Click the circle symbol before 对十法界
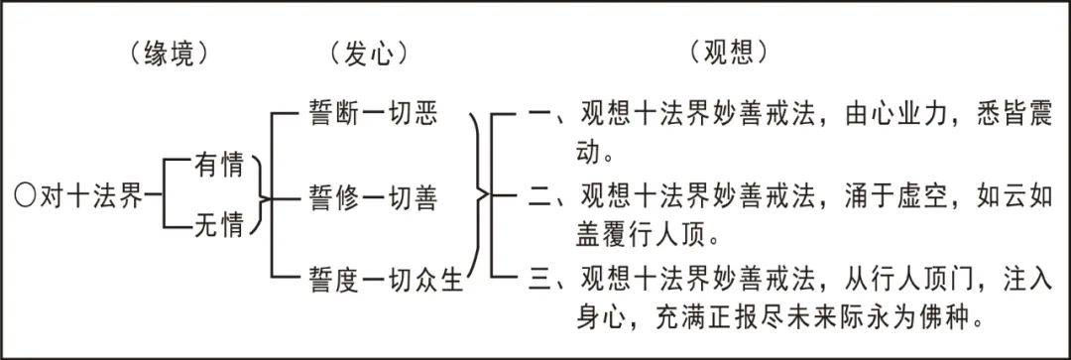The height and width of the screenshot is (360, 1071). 27,195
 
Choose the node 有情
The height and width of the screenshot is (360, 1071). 218,165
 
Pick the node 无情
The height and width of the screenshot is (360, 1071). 218,228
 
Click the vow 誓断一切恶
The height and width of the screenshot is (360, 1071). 373,117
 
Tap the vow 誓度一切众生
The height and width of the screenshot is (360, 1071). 387,281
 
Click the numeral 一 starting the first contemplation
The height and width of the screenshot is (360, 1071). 540,118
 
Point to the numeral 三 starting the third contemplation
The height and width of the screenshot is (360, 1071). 540,281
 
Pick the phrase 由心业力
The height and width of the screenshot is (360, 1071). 887,118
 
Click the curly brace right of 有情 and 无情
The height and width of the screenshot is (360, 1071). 261,196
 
